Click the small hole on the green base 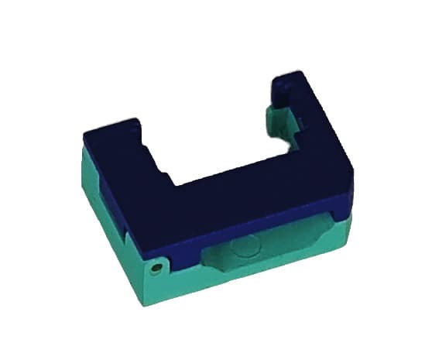tap(157, 267)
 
